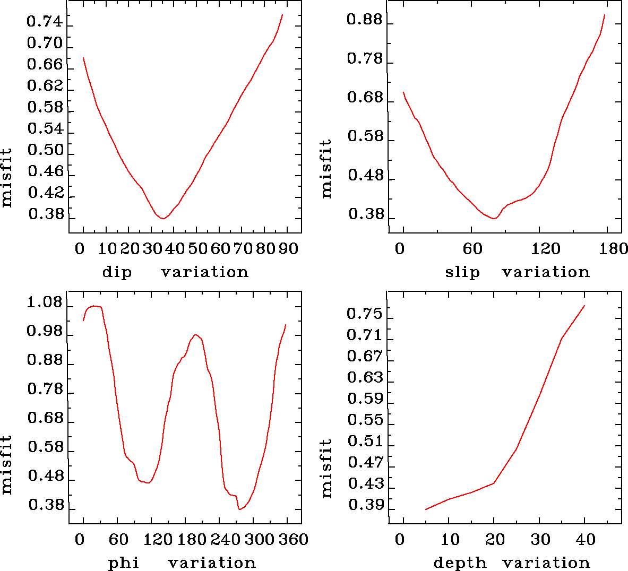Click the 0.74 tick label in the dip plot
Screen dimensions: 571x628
pos(45,22)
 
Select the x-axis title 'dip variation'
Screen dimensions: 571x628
pos(175,272)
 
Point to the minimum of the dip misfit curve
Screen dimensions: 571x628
pos(164,218)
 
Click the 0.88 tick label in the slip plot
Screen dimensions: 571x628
pos(364,20)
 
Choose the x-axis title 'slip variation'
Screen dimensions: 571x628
pos(517,272)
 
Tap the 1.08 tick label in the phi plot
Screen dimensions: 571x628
pos(45,304)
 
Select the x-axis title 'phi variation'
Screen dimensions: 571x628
pos(182,563)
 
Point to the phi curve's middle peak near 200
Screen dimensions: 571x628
pos(196,335)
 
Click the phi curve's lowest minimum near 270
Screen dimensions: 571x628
pos(240,509)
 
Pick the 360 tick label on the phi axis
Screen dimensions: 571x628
pos(294,540)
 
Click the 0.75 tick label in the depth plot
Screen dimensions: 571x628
pos(364,314)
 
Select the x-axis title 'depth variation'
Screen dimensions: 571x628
pos(511,563)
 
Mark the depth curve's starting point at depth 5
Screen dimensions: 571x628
pos(426,509)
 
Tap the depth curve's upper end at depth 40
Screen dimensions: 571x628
pos(584,306)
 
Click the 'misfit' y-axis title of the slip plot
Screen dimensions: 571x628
pos(326,169)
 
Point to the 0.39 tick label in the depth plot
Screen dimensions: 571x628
pos(365,505)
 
